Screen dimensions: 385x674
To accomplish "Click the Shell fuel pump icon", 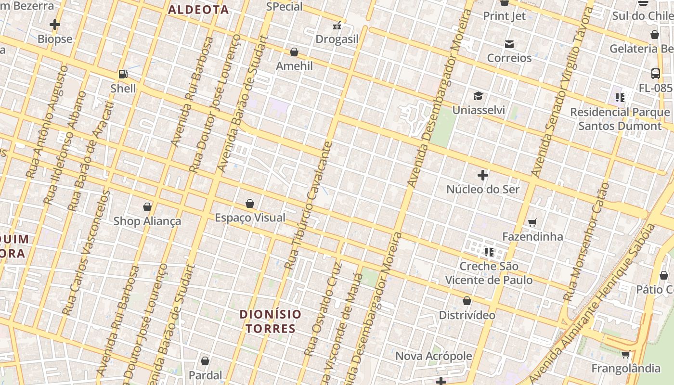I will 123,74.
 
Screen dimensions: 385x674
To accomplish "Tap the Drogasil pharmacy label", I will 337,39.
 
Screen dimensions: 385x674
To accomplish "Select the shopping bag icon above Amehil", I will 294,52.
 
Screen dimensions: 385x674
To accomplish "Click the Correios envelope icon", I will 509,44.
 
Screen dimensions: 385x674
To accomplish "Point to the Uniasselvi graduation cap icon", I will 478,96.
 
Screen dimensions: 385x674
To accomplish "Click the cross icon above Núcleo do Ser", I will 483,175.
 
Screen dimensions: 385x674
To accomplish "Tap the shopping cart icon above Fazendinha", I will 532,222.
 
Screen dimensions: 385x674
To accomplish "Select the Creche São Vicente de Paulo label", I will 489,273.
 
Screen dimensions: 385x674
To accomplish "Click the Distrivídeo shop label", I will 467,315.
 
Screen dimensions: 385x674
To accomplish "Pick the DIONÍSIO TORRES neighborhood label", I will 271,321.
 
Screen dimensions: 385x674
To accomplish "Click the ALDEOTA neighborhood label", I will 198,10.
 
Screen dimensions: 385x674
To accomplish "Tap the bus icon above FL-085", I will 655,74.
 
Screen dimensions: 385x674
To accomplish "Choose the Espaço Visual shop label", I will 250,218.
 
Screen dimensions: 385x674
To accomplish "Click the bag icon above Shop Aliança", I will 147,207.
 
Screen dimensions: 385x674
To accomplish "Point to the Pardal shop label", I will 205,375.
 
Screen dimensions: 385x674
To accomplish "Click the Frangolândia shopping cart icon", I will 625,355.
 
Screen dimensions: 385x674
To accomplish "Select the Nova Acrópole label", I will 433,356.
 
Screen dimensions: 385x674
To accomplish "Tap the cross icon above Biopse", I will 55,25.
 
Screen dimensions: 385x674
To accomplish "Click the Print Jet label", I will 504,16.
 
